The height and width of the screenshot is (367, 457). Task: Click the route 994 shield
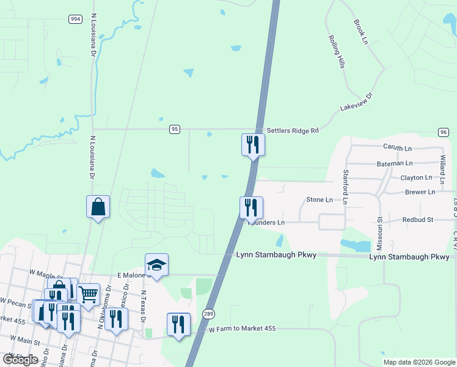[x=75, y=20]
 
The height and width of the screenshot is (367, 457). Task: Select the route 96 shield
[x=444, y=132]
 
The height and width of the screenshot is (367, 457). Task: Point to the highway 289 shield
[x=208, y=313]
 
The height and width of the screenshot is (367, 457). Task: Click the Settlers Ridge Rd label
[x=292, y=130]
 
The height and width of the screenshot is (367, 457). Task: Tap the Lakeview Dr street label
[x=356, y=103]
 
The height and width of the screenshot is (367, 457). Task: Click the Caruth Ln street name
[x=398, y=147]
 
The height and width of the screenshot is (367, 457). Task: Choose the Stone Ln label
[x=320, y=199]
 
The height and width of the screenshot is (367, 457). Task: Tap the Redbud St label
[x=418, y=220]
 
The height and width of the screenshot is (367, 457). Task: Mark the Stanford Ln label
[x=345, y=187]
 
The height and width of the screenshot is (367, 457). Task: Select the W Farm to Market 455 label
[x=243, y=329]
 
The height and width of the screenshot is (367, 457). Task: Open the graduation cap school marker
[x=156, y=265]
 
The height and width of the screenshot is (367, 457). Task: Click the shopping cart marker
[x=89, y=294]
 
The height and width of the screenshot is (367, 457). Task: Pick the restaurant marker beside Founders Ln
[x=251, y=207]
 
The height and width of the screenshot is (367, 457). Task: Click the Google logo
[x=21, y=360]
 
